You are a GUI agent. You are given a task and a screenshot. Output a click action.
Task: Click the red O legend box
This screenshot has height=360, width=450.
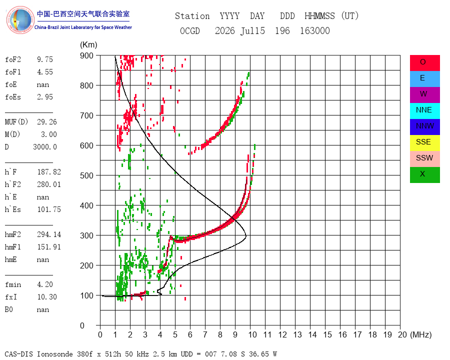pyautogui.click(x=424, y=63)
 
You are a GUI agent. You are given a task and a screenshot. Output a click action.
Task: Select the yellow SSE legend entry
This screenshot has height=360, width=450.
pyautogui.click(x=424, y=143)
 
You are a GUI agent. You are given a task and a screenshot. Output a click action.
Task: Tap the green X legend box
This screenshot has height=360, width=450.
pyautogui.click(x=424, y=175)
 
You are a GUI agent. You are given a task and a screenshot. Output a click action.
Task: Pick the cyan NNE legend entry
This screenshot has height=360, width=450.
pyautogui.click(x=424, y=111)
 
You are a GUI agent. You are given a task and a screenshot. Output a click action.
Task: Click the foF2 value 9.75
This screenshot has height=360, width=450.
pyautogui.click(x=45, y=59)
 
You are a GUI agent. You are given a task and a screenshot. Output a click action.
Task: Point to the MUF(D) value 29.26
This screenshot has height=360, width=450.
pyautogui.click(x=47, y=121)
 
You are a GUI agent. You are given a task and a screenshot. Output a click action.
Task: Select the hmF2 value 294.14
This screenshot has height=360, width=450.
pyautogui.click(x=49, y=234)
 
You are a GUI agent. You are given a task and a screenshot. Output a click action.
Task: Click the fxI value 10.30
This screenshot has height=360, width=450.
pyautogui.click(x=47, y=296)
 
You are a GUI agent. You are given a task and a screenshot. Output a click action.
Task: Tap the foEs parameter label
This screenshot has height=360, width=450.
pyautogui.click(x=13, y=97)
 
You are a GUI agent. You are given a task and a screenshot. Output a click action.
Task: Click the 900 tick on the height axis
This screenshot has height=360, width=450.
pyautogui.click(x=86, y=55)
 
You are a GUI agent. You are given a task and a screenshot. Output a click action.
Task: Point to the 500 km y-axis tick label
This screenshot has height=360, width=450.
pyautogui.click(x=86, y=175)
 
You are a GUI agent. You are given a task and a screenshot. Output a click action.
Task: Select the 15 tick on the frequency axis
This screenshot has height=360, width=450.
pyautogui.click(x=327, y=334)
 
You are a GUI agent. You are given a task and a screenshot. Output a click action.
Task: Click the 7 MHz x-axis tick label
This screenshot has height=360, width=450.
pyautogui.click(x=205, y=334)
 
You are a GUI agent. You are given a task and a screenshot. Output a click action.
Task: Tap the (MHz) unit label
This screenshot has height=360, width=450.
pyautogui.click(x=421, y=334)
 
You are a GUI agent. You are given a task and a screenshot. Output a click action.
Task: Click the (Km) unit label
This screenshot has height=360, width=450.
pyautogui.click(x=88, y=45)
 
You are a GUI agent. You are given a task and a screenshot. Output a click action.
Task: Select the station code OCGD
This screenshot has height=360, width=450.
pyautogui.click(x=190, y=30)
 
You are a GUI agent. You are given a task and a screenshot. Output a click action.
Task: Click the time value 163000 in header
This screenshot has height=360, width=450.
pyautogui.click(x=315, y=30)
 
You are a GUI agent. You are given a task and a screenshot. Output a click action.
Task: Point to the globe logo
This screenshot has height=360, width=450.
pyautogui.click(x=20, y=20)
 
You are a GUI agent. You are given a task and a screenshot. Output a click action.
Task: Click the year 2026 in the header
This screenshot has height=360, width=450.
pyautogui.click(x=225, y=30)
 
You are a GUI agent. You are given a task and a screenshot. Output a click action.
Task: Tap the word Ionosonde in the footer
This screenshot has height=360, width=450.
pyautogui.click(x=55, y=354)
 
